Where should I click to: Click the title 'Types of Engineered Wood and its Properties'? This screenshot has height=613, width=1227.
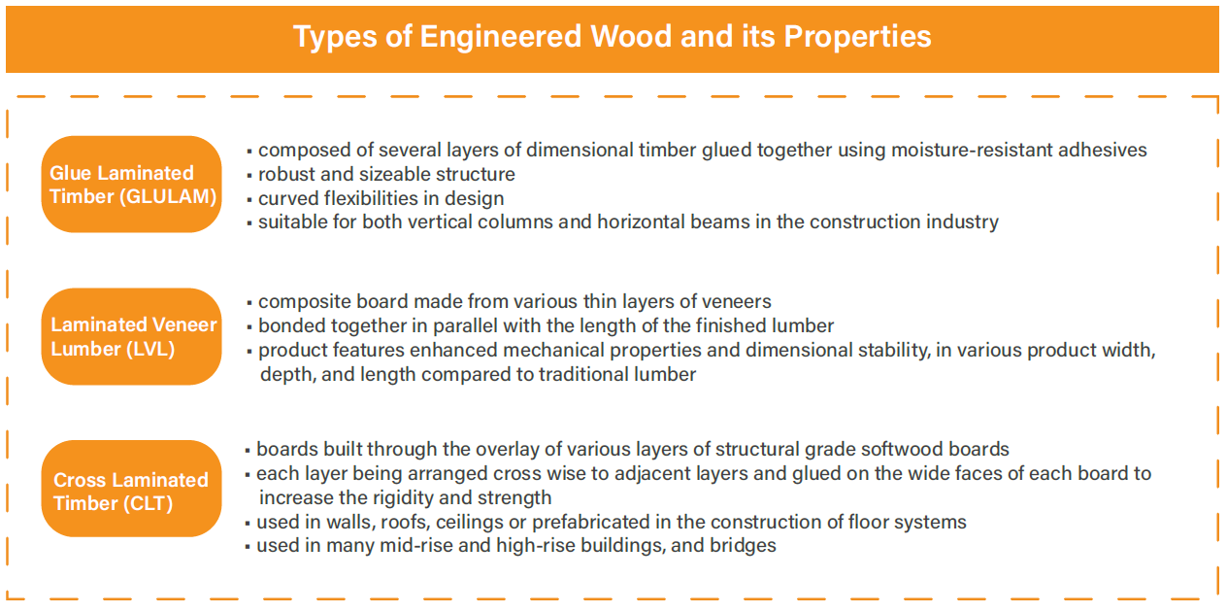612,37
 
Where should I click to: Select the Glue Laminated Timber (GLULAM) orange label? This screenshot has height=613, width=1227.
131,185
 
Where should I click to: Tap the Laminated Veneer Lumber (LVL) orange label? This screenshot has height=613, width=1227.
131,336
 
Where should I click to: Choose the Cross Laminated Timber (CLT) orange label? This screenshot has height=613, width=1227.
131,491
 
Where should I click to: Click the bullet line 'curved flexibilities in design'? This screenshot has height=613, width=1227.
381,198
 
